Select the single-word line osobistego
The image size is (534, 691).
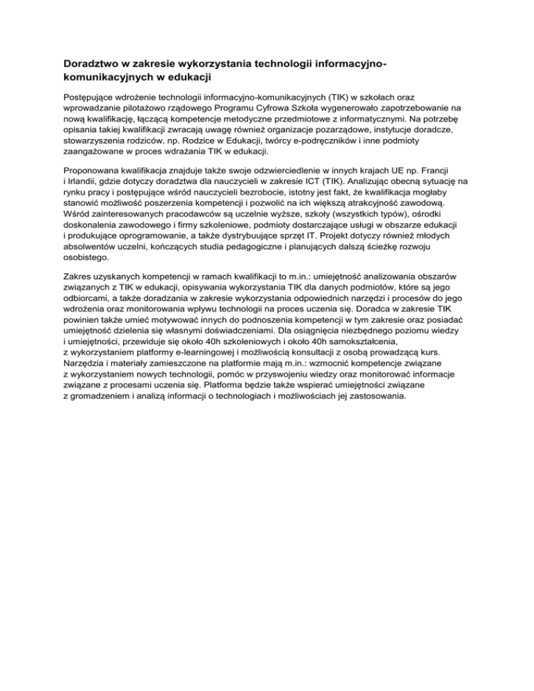[x=81, y=254]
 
